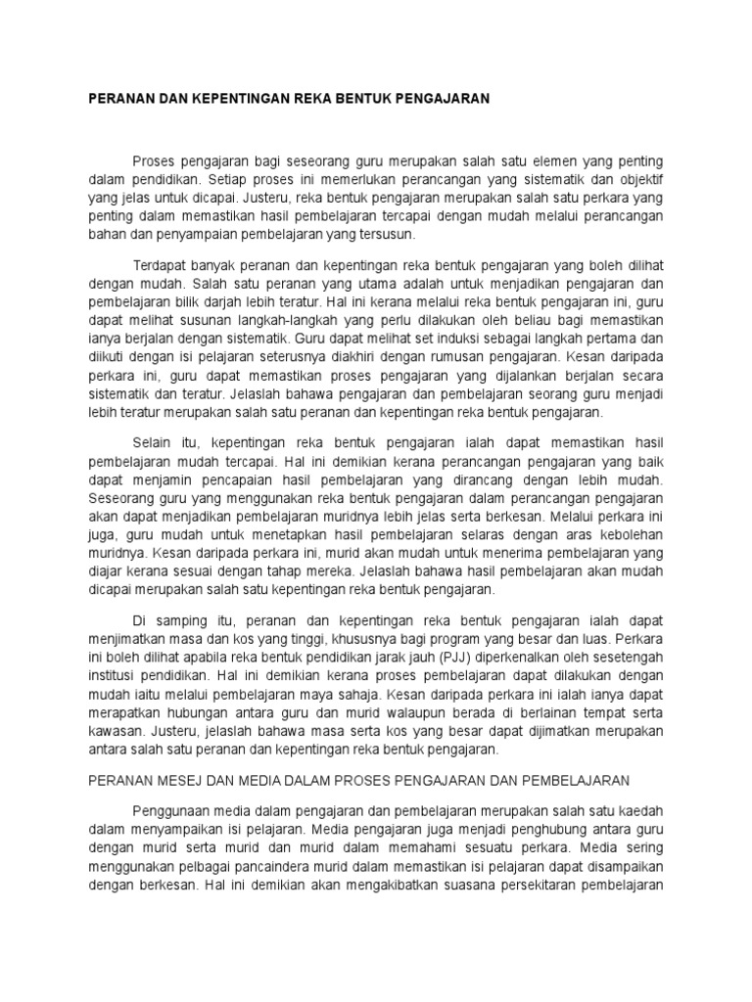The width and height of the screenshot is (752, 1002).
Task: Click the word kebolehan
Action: tap(626, 534)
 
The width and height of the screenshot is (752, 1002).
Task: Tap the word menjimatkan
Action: tap(131, 639)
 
